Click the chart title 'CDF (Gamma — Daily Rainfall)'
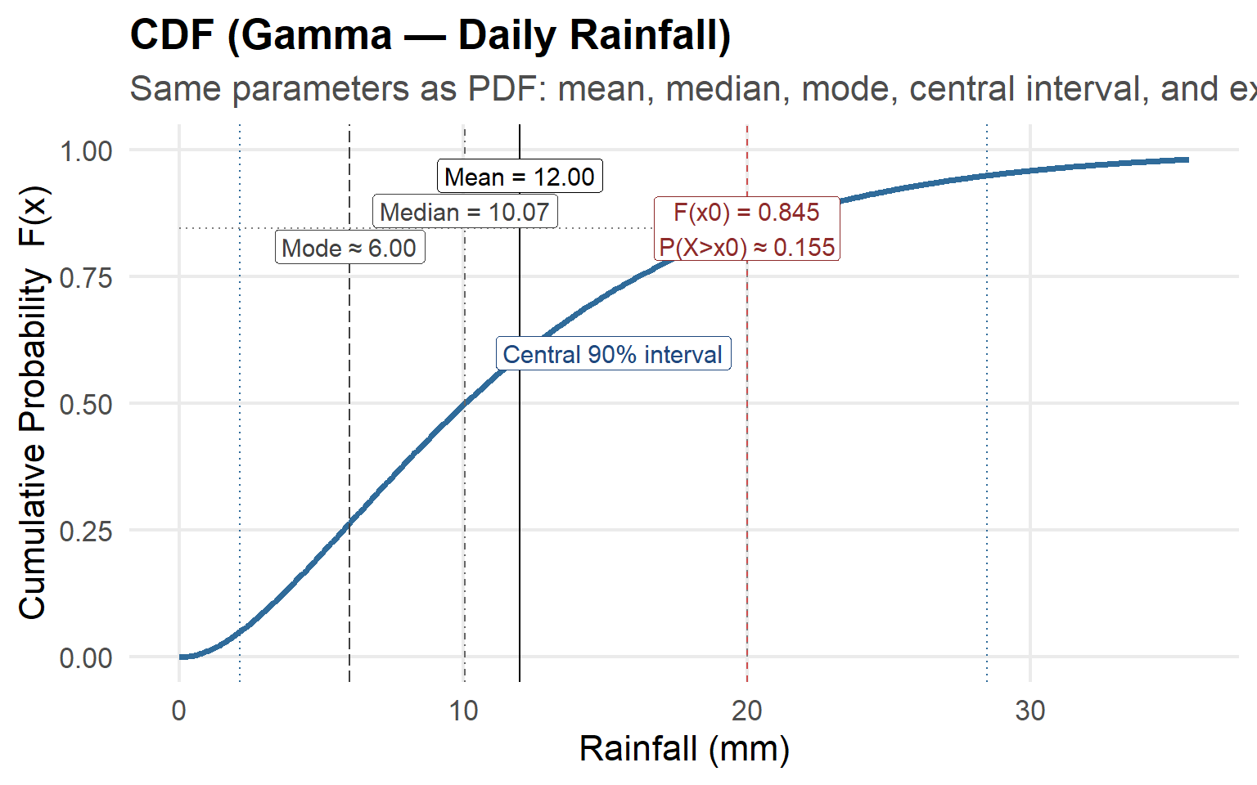[430, 36]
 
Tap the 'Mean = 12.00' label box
[520, 177]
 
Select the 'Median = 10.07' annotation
[465, 213]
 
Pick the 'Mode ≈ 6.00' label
[349, 248]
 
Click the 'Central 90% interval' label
[612, 354]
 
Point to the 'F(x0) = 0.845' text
[746, 213]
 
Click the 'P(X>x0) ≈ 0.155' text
[746, 247]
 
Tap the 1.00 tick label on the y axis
[86, 150]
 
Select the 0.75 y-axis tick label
[86, 277]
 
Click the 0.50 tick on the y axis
[86, 404]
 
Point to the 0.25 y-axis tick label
[86, 531]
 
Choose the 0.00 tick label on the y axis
[86, 657]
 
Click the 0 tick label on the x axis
[179, 711]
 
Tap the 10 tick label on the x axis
[463, 711]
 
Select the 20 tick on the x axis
[747, 711]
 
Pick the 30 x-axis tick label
[1030, 711]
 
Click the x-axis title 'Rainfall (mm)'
[684, 749]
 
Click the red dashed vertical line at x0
[747, 491]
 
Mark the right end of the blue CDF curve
[1187, 159]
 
